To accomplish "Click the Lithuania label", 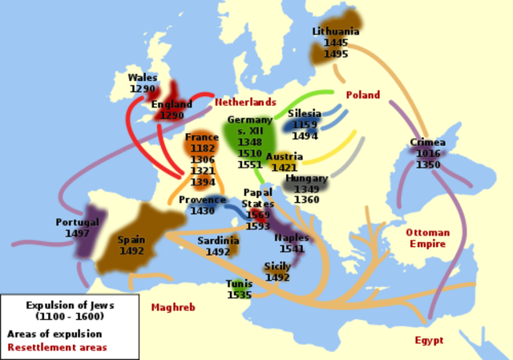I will (x=336, y=31).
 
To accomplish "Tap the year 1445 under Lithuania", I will (x=336, y=42).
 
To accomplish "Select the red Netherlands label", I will (x=245, y=103).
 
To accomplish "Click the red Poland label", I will (x=362, y=95).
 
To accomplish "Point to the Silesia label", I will (x=304, y=114).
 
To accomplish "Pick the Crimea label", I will (x=427, y=143).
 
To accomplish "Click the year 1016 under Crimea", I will (x=427, y=153).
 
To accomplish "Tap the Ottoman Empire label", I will (x=427, y=237).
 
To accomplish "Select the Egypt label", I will (x=429, y=341).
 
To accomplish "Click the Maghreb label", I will (x=172, y=307).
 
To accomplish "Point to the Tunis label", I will (x=239, y=284).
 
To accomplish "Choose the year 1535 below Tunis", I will (x=239, y=294).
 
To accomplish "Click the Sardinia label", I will (x=218, y=241).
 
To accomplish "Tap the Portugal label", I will (x=77, y=222).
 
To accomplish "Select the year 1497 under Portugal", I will (x=77, y=233).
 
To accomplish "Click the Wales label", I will (x=142, y=78).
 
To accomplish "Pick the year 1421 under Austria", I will (x=285, y=168).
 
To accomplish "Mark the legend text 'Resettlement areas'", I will (x=57, y=347).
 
